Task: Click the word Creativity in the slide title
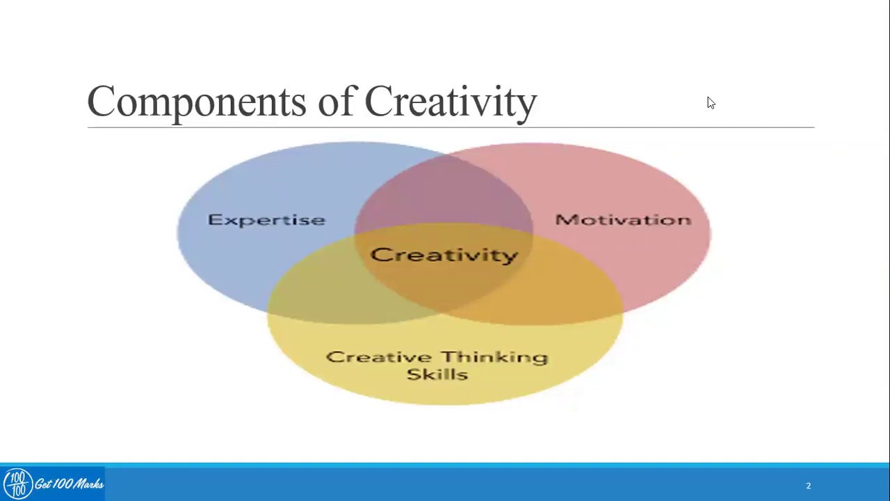450,102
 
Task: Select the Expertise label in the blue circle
266,220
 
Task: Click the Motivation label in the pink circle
623,220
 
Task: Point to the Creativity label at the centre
444,255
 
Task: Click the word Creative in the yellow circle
373,357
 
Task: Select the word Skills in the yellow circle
437,374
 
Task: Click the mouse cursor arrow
710,102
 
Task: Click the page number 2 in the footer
808,486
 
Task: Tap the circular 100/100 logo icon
17,484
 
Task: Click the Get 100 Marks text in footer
69,484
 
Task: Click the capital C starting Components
101,102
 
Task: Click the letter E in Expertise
213,220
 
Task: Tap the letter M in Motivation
564,220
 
